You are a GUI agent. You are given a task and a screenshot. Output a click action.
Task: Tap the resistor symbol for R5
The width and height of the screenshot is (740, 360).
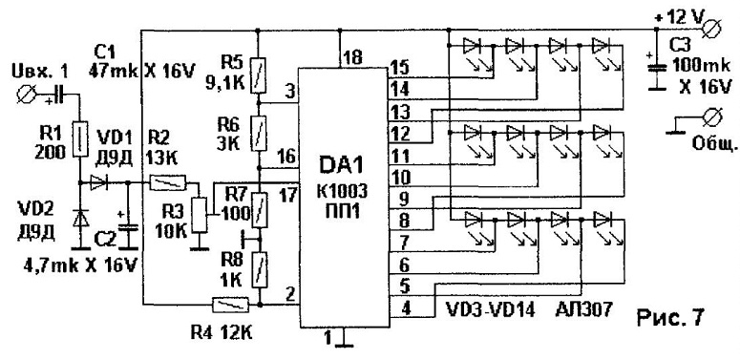point(258,75)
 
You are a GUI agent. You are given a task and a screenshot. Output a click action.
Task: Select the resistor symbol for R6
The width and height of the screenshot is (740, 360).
point(258,133)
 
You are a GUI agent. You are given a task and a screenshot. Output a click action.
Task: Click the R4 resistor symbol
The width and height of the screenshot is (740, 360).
point(231,305)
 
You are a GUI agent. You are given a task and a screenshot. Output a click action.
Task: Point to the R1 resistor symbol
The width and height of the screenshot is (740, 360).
point(80,139)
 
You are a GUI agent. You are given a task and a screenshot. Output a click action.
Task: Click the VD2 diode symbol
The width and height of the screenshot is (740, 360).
point(81,218)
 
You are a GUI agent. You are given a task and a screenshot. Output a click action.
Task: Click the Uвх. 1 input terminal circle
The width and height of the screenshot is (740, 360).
point(25,95)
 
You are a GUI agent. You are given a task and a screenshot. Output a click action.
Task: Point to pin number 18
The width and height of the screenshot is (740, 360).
point(353,57)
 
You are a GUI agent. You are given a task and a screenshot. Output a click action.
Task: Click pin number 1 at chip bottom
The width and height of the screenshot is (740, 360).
point(328,337)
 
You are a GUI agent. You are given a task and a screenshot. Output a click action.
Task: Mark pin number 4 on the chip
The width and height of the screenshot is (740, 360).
point(406,309)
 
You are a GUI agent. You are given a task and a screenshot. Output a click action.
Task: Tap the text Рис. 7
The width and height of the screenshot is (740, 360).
point(670,317)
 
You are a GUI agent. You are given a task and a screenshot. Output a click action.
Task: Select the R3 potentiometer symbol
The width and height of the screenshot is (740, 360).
point(201,215)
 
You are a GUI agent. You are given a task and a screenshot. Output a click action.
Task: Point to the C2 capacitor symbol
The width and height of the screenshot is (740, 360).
point(127,229)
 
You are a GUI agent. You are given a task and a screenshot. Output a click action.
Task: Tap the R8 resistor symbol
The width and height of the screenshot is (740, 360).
point(258,270)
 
